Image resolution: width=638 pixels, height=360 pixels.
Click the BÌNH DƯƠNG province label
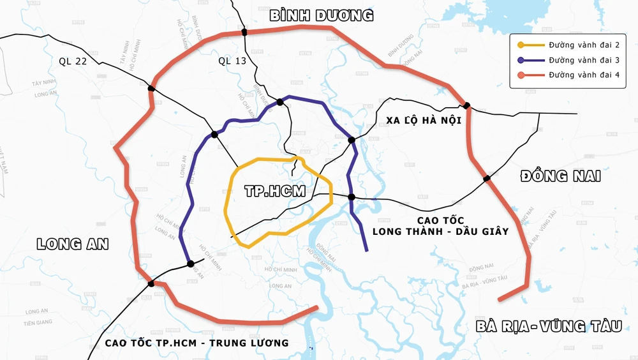coord(321,15)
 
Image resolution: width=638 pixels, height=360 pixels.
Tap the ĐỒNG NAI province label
coord(560,176)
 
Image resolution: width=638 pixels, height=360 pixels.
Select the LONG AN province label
coord(73,244)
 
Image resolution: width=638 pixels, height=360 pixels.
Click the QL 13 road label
coord(232,61)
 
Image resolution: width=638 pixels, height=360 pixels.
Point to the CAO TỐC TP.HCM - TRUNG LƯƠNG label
coord(197,343)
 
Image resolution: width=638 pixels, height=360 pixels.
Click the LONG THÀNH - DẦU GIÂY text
coord(440,231)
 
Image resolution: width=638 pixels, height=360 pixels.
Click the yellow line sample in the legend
coord(530,45)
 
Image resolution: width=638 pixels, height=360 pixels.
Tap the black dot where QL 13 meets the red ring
coord(244,31)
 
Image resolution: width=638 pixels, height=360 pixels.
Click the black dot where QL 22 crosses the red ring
coord(151,89)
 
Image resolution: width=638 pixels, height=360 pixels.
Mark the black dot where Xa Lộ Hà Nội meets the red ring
coord(467,105)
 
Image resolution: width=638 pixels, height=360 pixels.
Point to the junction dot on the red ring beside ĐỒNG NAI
coord(487,179)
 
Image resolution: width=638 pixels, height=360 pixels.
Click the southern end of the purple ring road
coord(366,250)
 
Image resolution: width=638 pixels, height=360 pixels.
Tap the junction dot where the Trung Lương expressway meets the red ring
coord(151,283)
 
